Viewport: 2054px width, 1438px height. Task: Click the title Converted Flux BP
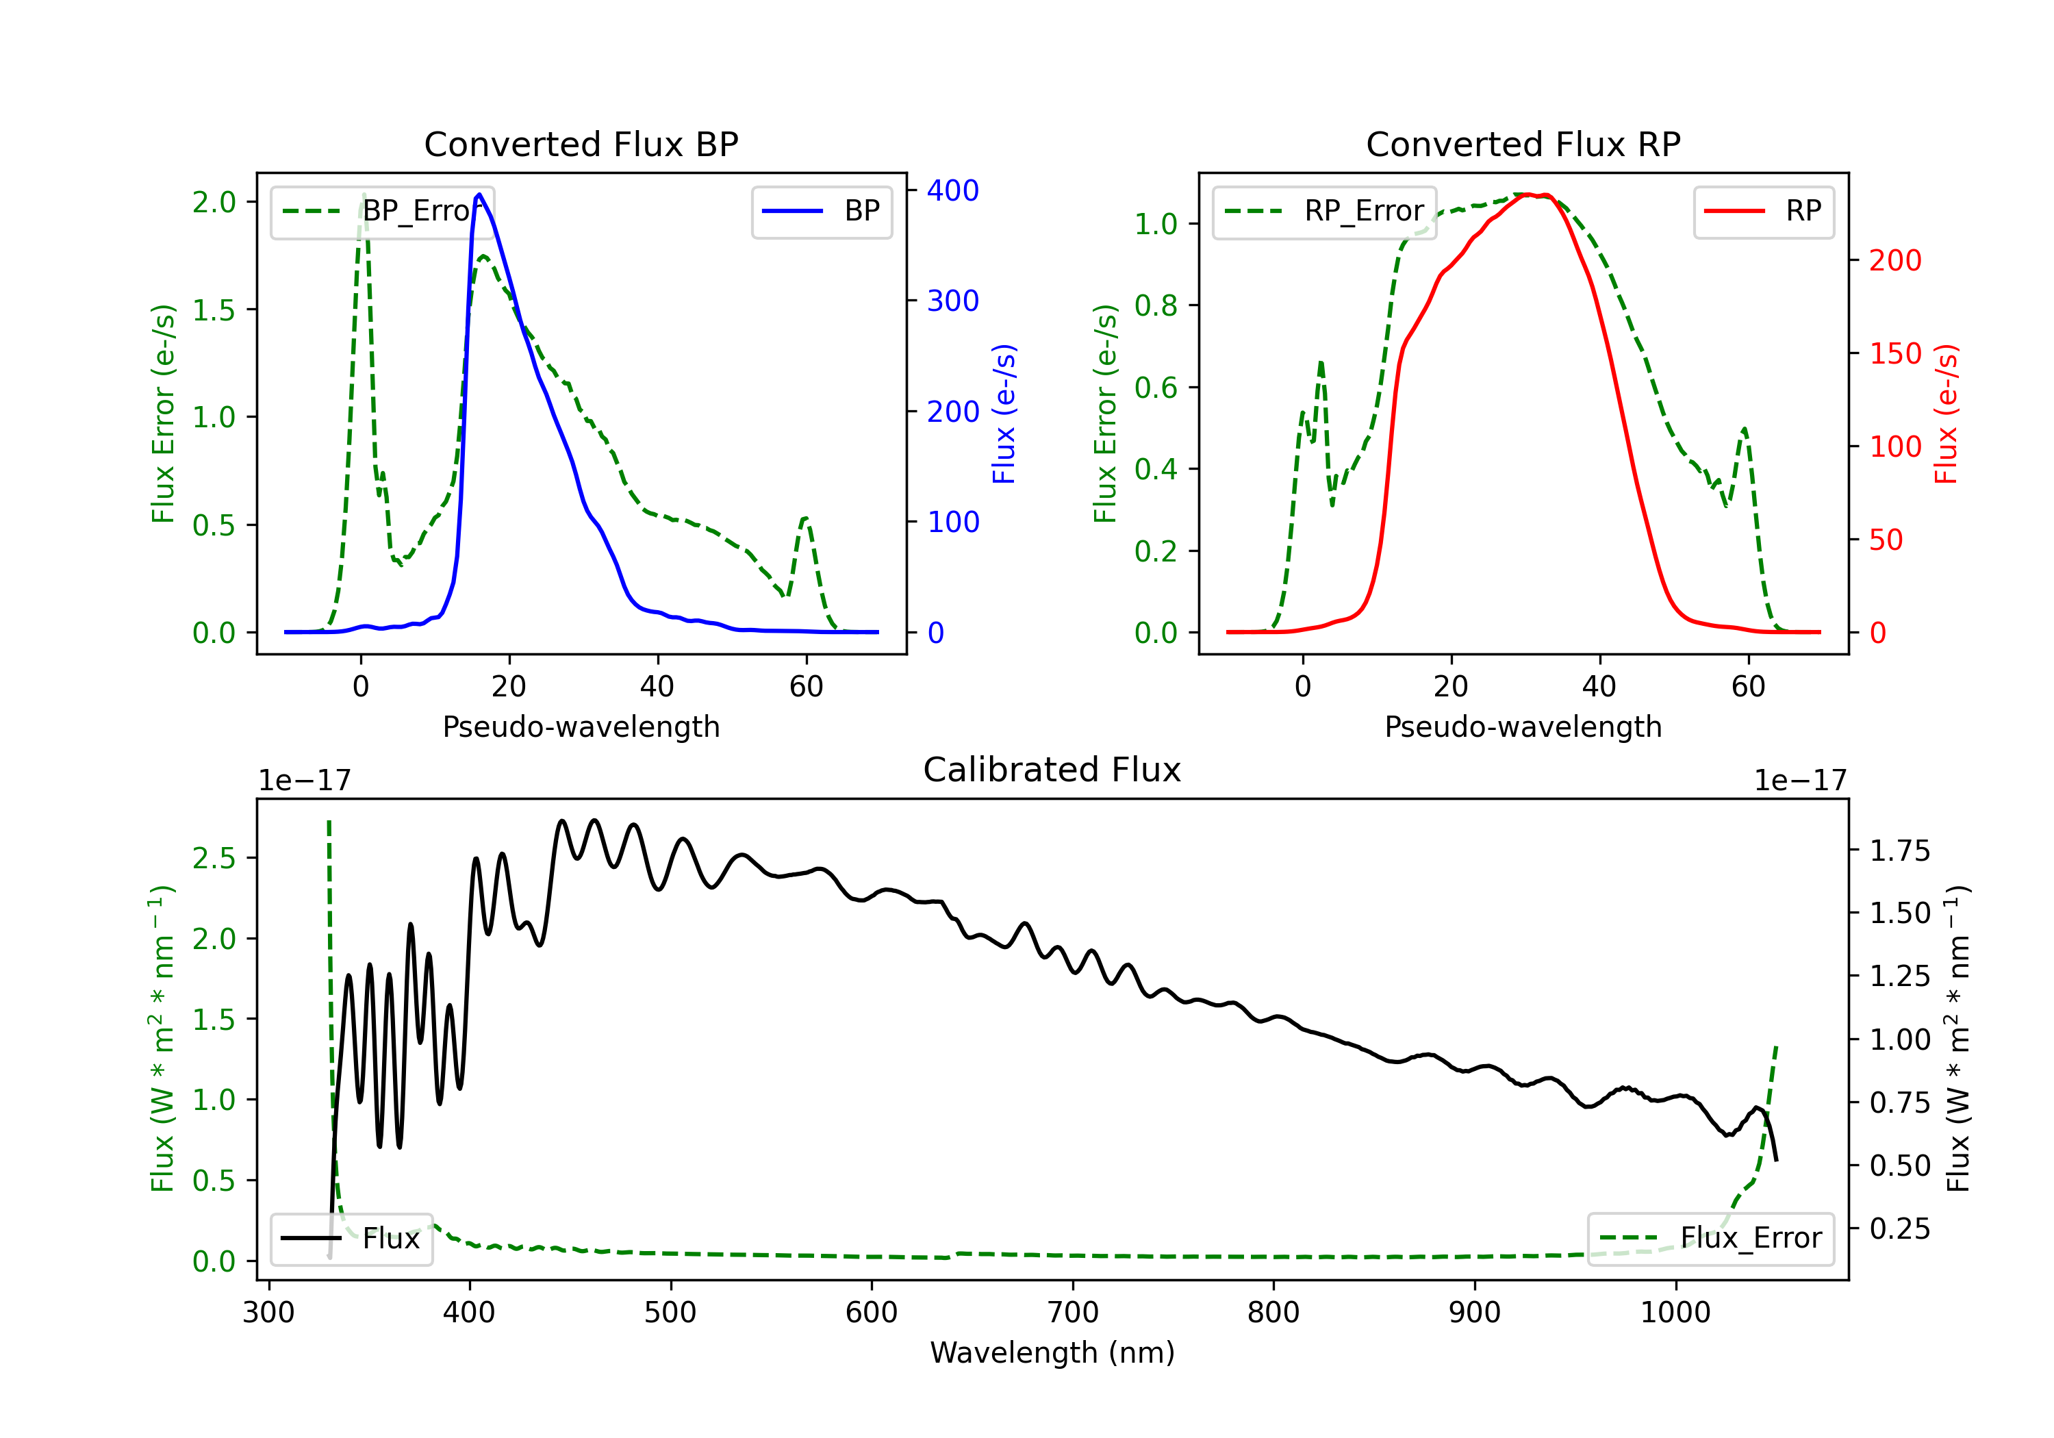pyautogui.click(x=581, y=144)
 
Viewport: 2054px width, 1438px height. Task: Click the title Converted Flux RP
pyautogui.click(x=1523, y=144)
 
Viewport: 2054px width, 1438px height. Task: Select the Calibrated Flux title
pyautogui.click(x=1052, y=770)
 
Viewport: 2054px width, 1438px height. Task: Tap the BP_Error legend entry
pyautogui.click(x=383, y=211)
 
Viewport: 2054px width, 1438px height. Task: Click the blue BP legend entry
pyautogui.click(x=821, y=211)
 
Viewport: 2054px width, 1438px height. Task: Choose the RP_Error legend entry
pyautogui.click(x=1324, y=211)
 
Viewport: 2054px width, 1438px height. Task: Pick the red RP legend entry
pyautogui.click(x=1763, y=211)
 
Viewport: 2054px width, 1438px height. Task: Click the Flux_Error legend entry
pyautogui.click(x=1710, y=1239)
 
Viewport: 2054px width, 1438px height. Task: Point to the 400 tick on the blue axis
pyautogui.click(x=953, y=190)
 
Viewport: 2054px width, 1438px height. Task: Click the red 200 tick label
pyautogui.click(x=1894, y=260)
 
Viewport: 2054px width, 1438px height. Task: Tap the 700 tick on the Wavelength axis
pyautogui.click(x=1073, y=1313)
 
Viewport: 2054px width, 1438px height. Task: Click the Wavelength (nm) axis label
pyautogui.click(x=1052, y=1353)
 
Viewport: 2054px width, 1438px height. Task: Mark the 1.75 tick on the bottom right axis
pyautogui.click(x=1900, y=851)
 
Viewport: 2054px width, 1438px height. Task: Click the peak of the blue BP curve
pyautogui.click(x=479, y=194)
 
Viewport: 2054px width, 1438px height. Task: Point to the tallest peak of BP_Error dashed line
pyautogui.click(x=363, y=195)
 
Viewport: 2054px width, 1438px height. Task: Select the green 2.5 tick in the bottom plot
pyautogui.click(x=215, y=858)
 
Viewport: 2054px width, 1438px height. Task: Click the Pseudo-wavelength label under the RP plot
pyautogui.click(x=1523, y=727)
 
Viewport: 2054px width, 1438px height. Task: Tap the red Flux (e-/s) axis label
pyautogui.click(x=1947, y=414)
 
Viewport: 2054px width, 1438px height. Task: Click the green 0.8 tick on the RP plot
pyautogui.click(x=1156, y=305)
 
